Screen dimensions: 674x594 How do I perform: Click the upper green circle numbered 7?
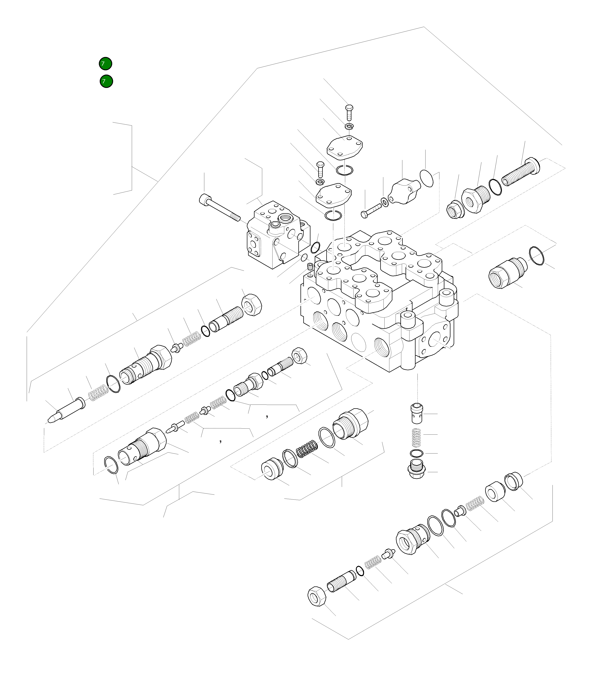[x=105, y=64]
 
